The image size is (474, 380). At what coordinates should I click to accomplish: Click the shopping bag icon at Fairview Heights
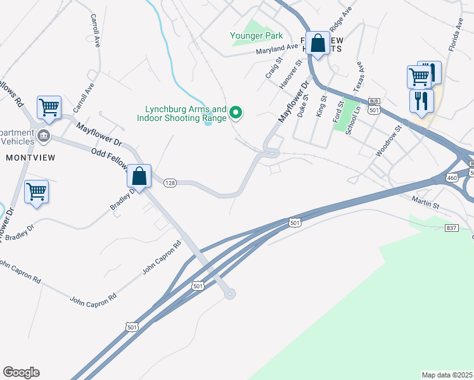click(318, 44)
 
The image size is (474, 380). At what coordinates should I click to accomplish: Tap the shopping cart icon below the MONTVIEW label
click(37, 191)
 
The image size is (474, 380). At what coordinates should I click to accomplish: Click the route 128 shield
click(169, 182)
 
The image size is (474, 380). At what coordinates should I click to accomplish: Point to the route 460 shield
click(451, 177)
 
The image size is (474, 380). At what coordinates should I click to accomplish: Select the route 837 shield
click(452, 228)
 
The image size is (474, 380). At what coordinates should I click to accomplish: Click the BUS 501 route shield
click(374, 106)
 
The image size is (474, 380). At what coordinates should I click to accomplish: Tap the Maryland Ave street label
click(277, 49)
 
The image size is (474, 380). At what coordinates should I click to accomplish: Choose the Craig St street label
click(273, 68)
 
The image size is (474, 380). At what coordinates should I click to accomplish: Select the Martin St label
click(426, 204)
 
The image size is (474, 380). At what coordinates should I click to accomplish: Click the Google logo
click(21, 372)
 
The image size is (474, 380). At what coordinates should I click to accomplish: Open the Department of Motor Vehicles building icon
click(44, 134)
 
